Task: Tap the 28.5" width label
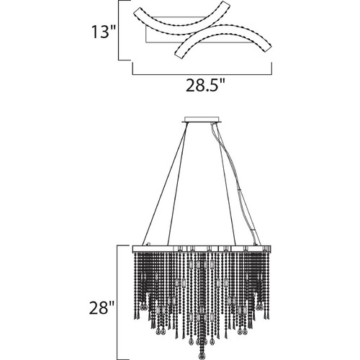[x=205, y=85]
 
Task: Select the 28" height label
[x=101, y=307]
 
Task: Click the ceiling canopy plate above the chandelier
[x=202, y=120]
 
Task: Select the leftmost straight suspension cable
[x=165, y=184]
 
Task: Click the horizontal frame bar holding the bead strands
[x=202, y=248]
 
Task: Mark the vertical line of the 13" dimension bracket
[x=119, y=30]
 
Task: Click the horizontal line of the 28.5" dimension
[x=202, y=74]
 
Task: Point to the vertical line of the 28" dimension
[x=117, y=302]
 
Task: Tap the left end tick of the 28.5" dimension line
[x=132, y=68]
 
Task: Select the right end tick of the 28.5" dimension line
[x=271, y=68]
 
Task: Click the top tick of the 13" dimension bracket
[x=125, y=1]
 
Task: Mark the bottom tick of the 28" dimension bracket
[x=123, y=359]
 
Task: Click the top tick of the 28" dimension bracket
[x=123, y=246]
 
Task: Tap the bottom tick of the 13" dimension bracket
[x=125, y=60]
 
